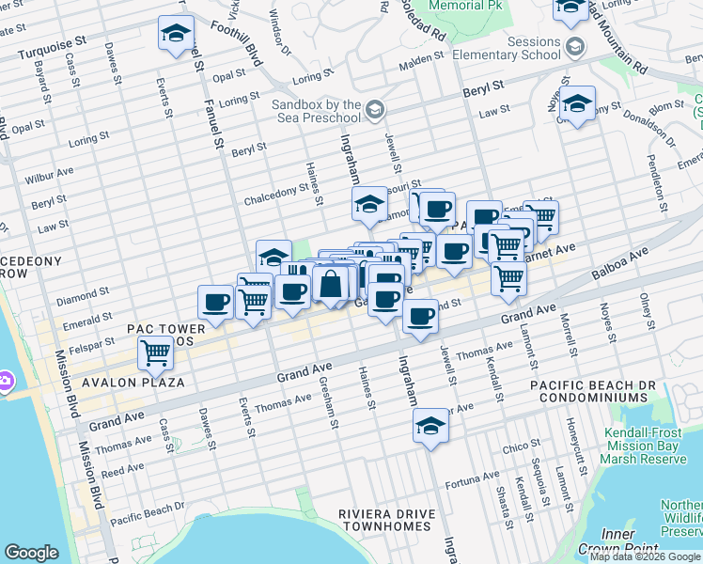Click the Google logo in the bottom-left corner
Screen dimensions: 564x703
coord(31,553)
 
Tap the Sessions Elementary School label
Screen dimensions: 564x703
coord(507,48)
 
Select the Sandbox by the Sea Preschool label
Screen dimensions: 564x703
coord(317,110)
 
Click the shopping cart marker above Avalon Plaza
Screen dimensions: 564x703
coord(155,353)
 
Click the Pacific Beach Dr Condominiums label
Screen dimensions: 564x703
coord(589,393)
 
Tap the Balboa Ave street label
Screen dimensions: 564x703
coord(619,265)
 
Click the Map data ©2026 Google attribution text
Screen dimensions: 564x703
coord(645,556)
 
